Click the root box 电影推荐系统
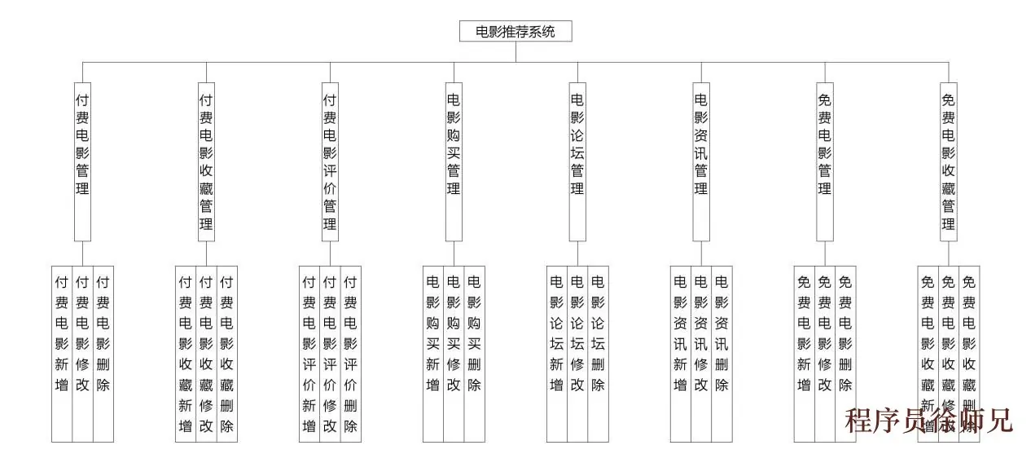(515, 32)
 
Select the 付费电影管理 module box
(82, 161)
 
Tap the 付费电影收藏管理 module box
(206, 161)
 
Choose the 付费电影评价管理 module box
(330, 161)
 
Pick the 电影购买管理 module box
(454, 161)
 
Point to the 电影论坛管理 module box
(577, 161)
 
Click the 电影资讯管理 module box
(701, 161)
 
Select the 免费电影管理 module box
(824, 161)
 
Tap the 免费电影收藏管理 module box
(948, 161)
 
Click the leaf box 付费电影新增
(62, 353)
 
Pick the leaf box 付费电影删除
(103, 353)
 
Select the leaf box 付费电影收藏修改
(206, 353)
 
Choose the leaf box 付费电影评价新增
(309, 353)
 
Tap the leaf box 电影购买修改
(454, 353)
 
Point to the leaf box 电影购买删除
(475, 353)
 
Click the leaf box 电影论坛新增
(557, 353)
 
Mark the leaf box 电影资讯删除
(722, 353)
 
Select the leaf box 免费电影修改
(824, 353)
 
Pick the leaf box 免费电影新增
(804, 353)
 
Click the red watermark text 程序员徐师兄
(928, 421)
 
